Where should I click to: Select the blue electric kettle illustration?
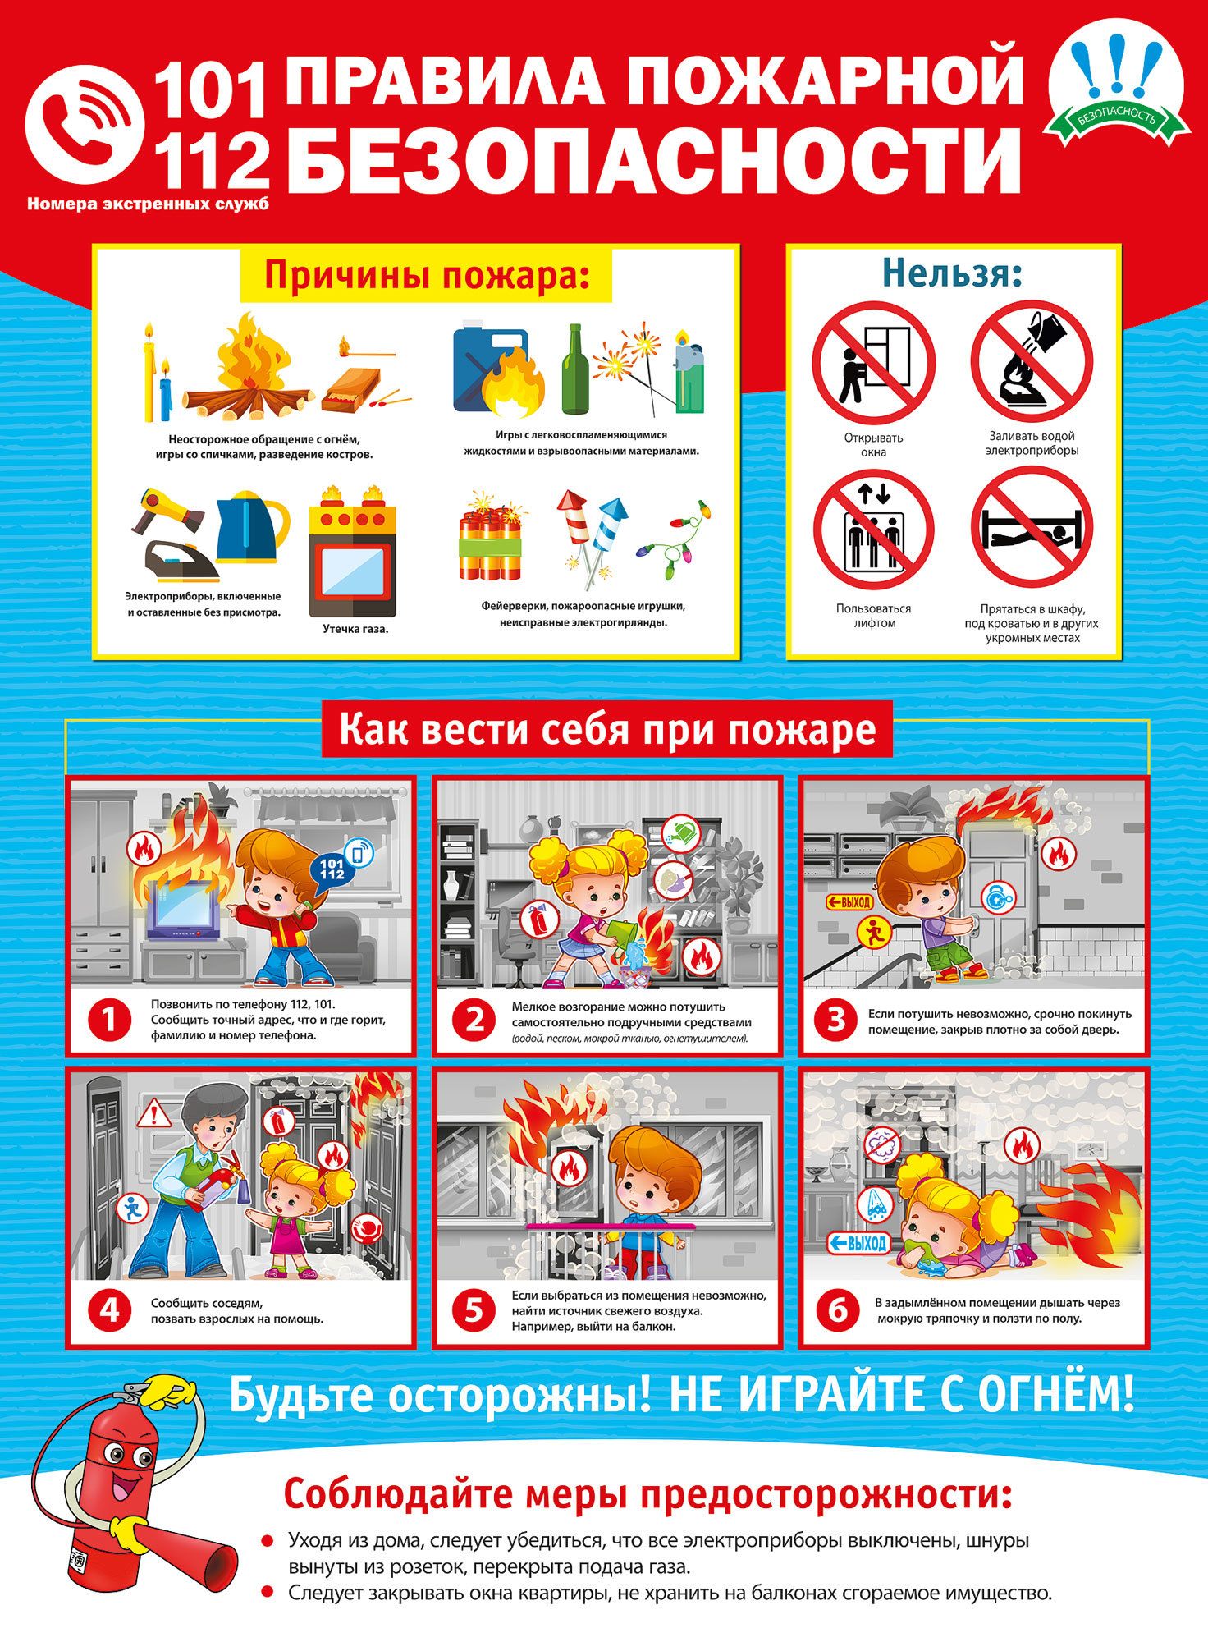click(x=253, y=525)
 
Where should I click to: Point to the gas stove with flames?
click(x=353, y=551)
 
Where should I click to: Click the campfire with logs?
click(x=247, y=367)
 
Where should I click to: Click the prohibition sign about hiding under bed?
click(x=1032, y=527)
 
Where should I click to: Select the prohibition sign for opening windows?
click(x=873, y=362)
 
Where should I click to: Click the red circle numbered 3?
click(x=835, y=1021)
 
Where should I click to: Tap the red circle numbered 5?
click(x=474, y=1310)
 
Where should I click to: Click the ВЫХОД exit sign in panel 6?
click(x=858, y=1243)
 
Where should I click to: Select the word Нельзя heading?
click(x=952, y=273)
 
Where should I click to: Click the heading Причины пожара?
click(x=427, y=276)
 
